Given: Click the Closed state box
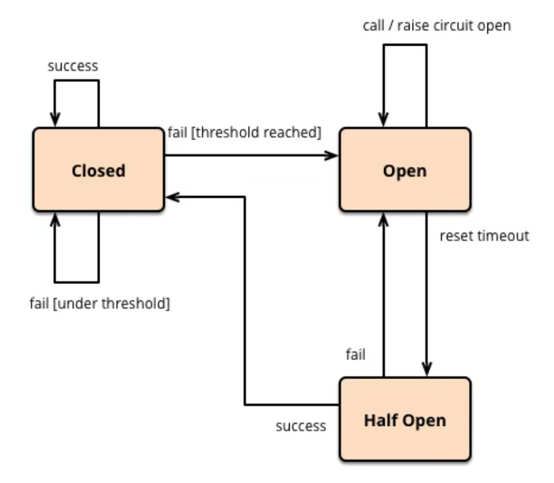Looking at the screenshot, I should [x=98, y=170].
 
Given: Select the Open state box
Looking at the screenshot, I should [x=404, y=170].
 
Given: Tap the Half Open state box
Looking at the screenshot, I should [x=404, y=419].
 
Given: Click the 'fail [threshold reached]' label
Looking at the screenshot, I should [x=245, y=132].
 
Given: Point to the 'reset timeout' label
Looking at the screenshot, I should [x=484, y=236].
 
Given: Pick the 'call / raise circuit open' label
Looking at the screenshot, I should [x=436, y=26].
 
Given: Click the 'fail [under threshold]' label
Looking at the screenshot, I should [x=100, y=303].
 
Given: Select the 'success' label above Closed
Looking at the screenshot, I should [x=73, y=65].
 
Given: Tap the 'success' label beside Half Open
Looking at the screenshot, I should [x=300, y=426].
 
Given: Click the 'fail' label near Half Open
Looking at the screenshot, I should [x=356, y=354].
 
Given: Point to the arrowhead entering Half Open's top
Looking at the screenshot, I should [x=427, y=371].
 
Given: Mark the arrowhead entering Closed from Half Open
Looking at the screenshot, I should [x=172, y=197].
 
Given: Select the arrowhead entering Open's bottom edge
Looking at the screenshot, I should [x=383, y=219].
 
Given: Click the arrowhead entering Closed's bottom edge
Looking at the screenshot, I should [x=55, y=219].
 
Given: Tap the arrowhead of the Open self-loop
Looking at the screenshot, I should [x=383, y=120].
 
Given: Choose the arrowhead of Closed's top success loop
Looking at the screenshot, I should [x=55, y=120].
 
